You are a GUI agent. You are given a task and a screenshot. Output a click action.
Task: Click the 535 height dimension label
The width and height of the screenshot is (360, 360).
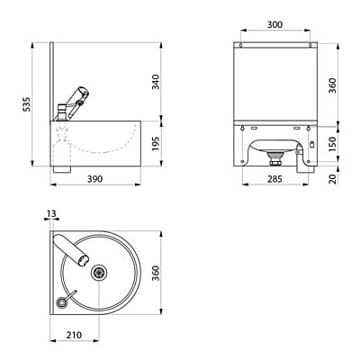pyautogui.click(x=27, y=104)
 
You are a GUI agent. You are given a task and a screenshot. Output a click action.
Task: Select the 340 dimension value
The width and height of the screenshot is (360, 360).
pyautogui.click(x=156, y=82)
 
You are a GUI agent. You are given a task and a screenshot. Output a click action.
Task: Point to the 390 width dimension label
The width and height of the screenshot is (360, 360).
pyautogui.click(x=95, y=179)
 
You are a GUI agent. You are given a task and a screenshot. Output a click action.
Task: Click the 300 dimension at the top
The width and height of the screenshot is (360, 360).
pyautogui.click(x=274, y=24)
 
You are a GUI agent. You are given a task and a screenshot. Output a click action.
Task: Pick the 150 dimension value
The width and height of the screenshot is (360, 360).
pyautogui.click(x=333, y=144)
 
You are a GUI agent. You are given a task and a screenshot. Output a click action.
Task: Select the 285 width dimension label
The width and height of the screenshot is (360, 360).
pyautogui.click(x=274, y=179)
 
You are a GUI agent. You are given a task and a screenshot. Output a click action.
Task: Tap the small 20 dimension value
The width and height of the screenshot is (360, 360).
pyautogui.click(x=333, y=178)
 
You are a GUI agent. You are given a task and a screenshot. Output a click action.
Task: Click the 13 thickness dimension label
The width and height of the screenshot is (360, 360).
pyautogui.click(x=51, y=213)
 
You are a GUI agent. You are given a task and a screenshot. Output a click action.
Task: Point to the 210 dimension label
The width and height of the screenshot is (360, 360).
pyautogui.click(x=74, y=335)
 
